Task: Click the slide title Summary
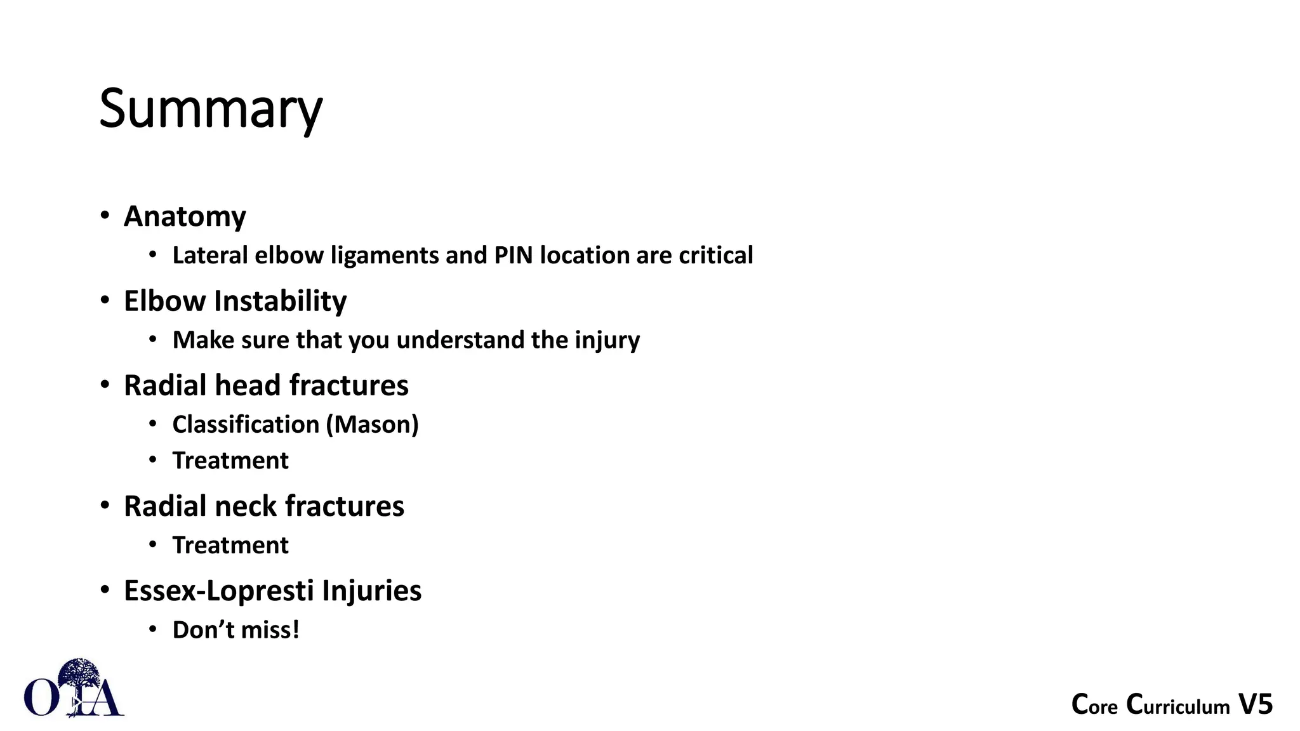click(x=211, y=109)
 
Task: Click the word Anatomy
click(x=185, y=216)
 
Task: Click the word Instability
click(x=280, y=301)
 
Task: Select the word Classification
click(x=246, y=425)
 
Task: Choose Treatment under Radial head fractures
click(x=230, y=461)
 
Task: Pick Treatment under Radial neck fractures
click(x=230, y=546)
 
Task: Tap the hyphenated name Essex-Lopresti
click(x=219, y=591)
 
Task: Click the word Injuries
click(x=371, y=591)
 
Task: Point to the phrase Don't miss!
click(x=235, y=630)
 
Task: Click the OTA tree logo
click(x=74, y=690)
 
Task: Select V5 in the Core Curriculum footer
click(x=1255, y=705)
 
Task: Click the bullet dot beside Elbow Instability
click(x=105, y=300)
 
